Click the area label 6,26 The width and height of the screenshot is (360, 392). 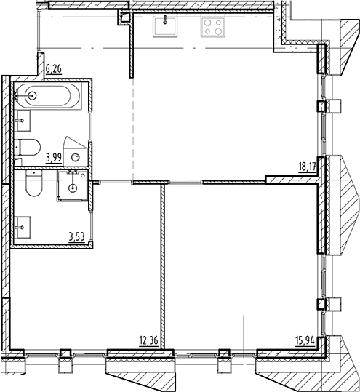tap(55, 70)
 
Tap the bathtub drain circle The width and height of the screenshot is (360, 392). tap(30, 95)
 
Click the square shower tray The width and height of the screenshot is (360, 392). tap(72, 185)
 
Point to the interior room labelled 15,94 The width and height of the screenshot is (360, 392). tap(240, 269)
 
